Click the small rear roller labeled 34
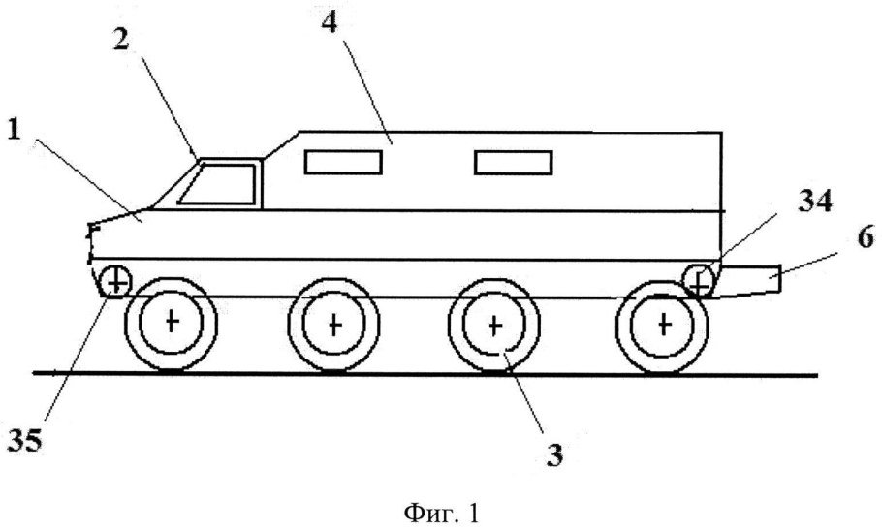pos(698,281)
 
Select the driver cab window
pos(219,183)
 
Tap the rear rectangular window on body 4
pos(514,162)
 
